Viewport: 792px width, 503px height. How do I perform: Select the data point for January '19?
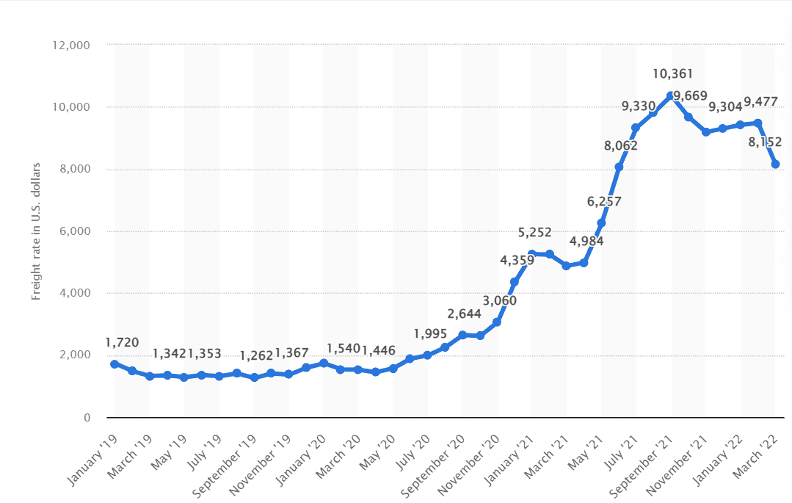click(115, 364)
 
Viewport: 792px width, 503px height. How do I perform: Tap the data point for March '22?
click(775, 164)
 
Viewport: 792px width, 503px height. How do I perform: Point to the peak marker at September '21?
click(671, 96)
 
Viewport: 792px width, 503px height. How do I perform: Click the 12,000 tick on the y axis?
click(72, 45)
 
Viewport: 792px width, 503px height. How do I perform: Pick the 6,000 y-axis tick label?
click(75, 231)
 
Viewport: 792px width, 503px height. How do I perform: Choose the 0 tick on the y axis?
click(86, 418)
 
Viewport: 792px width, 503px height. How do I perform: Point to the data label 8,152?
click(765, 142)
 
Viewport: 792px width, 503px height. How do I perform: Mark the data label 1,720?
click(122, 342)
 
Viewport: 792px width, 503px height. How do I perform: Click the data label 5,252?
click(534, 232)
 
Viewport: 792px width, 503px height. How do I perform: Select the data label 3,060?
click(500, 300)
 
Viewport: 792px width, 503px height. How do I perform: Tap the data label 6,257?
click(604, 201)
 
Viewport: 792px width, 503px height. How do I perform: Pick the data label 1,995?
click(430, 333)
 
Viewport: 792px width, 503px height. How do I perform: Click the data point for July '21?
click(636, 128)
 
